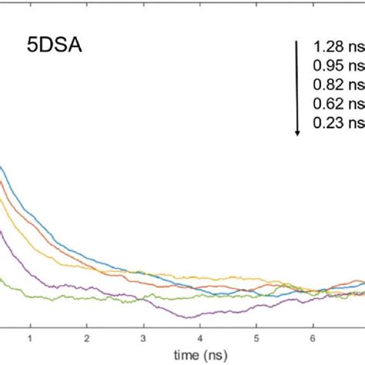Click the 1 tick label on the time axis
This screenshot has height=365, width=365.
click(x=31, y=337)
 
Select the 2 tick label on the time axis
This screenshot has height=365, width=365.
click(x=87, y=337)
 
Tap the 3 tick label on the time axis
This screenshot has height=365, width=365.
click(x=144, y=337)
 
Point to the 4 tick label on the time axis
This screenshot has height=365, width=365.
click(x=200, y=337)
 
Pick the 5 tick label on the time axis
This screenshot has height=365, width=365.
click(x=257, y=337)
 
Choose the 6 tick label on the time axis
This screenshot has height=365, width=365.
click(x=313, y=337)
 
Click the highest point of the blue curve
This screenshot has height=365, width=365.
click(x=2, y=167)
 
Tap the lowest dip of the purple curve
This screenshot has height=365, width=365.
click(x=188, y=316)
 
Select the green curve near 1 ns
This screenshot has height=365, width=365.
click(x=31, y=294)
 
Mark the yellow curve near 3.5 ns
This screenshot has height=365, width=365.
click(x=172, y=274)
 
